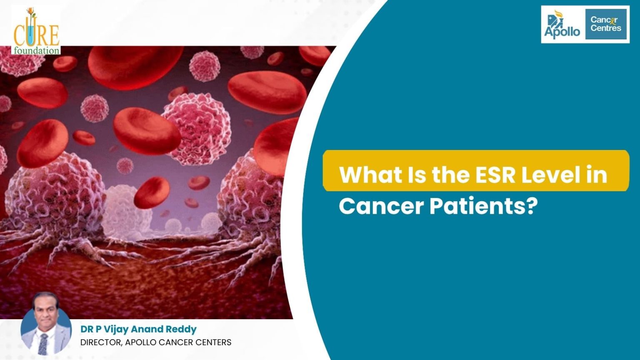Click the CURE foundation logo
click(36, 32)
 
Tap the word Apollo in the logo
click(562, 32)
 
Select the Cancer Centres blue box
click(606, 24)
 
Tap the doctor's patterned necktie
click(43, 344)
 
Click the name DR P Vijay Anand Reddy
click(138, 329)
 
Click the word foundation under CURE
click(36, 51)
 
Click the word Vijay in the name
click(113, 329)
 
